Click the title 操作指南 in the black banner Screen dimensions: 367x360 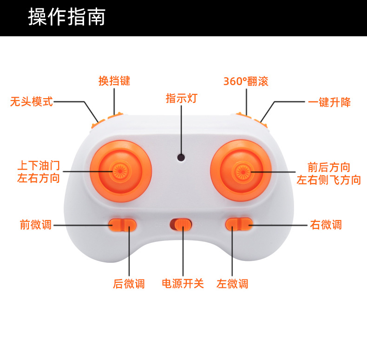tap(67, 17)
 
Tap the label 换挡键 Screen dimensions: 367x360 tap(114, 81)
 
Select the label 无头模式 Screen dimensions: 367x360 tap(32, 102)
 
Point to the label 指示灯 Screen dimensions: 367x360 tap(182, 98)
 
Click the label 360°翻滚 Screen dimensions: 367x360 tap(246, 81)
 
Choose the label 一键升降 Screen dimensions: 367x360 tap(329, 102)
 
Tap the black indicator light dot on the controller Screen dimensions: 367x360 tap(181, 157)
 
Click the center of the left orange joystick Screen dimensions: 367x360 tap(120, 171)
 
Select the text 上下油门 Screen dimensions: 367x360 tap(39, 166)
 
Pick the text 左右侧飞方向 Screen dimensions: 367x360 tap(328, 180)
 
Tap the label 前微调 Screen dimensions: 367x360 tap(36, 225)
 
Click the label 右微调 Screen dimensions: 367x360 tap(326, 225)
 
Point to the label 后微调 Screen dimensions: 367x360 tap(129, 284)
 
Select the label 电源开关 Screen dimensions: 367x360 tap(183, 283)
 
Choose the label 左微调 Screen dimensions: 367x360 tap(232, 284)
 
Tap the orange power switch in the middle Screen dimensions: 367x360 tap(181, 225)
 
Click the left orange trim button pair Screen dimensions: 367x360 tap(123, 225)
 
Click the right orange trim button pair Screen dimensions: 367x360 tap(239, 224)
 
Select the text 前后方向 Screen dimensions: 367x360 tap(328, 167)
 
